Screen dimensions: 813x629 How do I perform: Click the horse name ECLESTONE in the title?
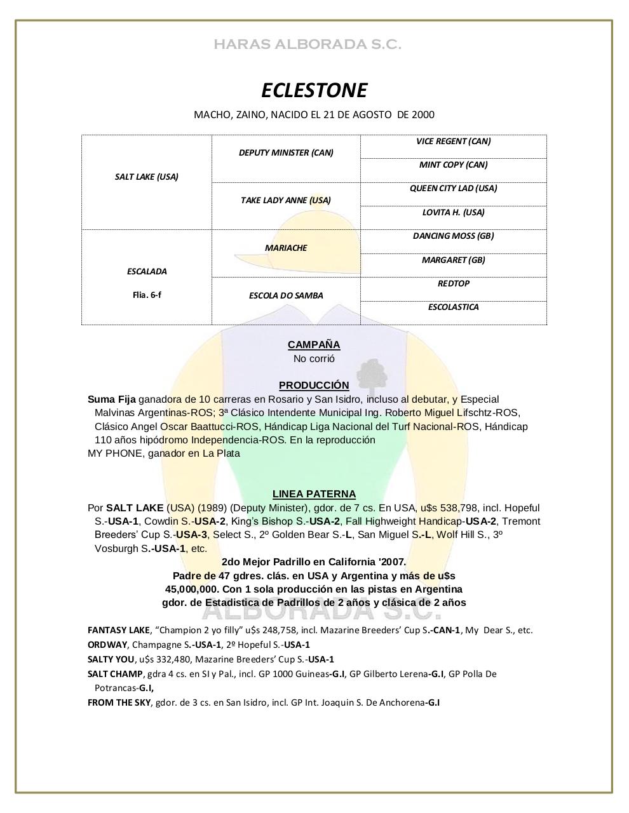[314, 90]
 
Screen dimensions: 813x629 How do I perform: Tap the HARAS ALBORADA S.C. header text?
[308, 44]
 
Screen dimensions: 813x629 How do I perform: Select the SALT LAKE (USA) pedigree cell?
[147, 177]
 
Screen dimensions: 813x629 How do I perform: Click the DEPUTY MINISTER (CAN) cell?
[286, 152]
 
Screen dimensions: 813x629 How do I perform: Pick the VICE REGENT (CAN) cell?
[453, 141]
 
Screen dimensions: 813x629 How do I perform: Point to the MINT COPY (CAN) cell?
[453, 165]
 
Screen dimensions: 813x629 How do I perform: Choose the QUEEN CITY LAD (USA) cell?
[453, 188]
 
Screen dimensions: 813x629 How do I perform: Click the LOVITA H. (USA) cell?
[453, 212]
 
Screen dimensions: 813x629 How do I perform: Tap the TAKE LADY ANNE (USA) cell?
[286, 200]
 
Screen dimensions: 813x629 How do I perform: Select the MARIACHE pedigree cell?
[286, 248]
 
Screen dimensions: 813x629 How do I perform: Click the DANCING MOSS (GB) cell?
[453, 236]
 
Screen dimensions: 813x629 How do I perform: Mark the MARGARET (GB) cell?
[453, 260]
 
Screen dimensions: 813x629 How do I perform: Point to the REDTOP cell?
[453, 283]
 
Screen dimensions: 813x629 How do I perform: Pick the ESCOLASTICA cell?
[453, 307]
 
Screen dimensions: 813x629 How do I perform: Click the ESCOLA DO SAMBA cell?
[286, 295]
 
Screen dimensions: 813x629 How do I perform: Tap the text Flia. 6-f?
[147, 295]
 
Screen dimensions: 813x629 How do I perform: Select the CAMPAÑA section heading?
[314, 345]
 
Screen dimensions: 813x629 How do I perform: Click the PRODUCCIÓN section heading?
[314, 386]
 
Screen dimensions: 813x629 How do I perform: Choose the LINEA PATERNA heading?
[314, 494]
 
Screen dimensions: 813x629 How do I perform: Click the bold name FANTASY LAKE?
[118, 630]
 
